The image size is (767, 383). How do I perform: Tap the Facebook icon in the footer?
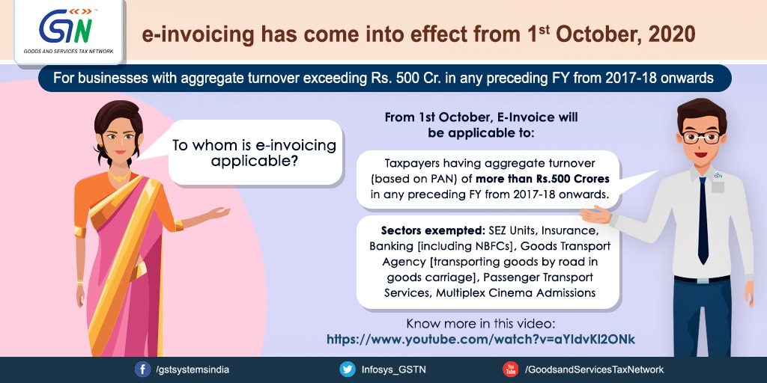(142, 370)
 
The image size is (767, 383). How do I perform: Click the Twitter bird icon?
(348, 370)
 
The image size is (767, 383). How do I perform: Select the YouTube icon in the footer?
(510, 370)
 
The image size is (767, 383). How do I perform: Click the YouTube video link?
(480, 339)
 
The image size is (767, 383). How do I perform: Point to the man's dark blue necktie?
(703, 220)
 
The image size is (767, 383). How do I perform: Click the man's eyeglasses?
(701, 138)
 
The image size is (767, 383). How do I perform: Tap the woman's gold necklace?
(119, 175)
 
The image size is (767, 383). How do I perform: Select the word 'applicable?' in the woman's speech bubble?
(255, 162)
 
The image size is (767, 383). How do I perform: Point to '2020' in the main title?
(673, 35)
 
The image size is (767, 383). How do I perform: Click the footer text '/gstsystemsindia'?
(192, 370)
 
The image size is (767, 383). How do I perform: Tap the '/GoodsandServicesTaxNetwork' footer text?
(594, 370)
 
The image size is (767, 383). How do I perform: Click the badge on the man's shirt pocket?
(718, 182)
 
